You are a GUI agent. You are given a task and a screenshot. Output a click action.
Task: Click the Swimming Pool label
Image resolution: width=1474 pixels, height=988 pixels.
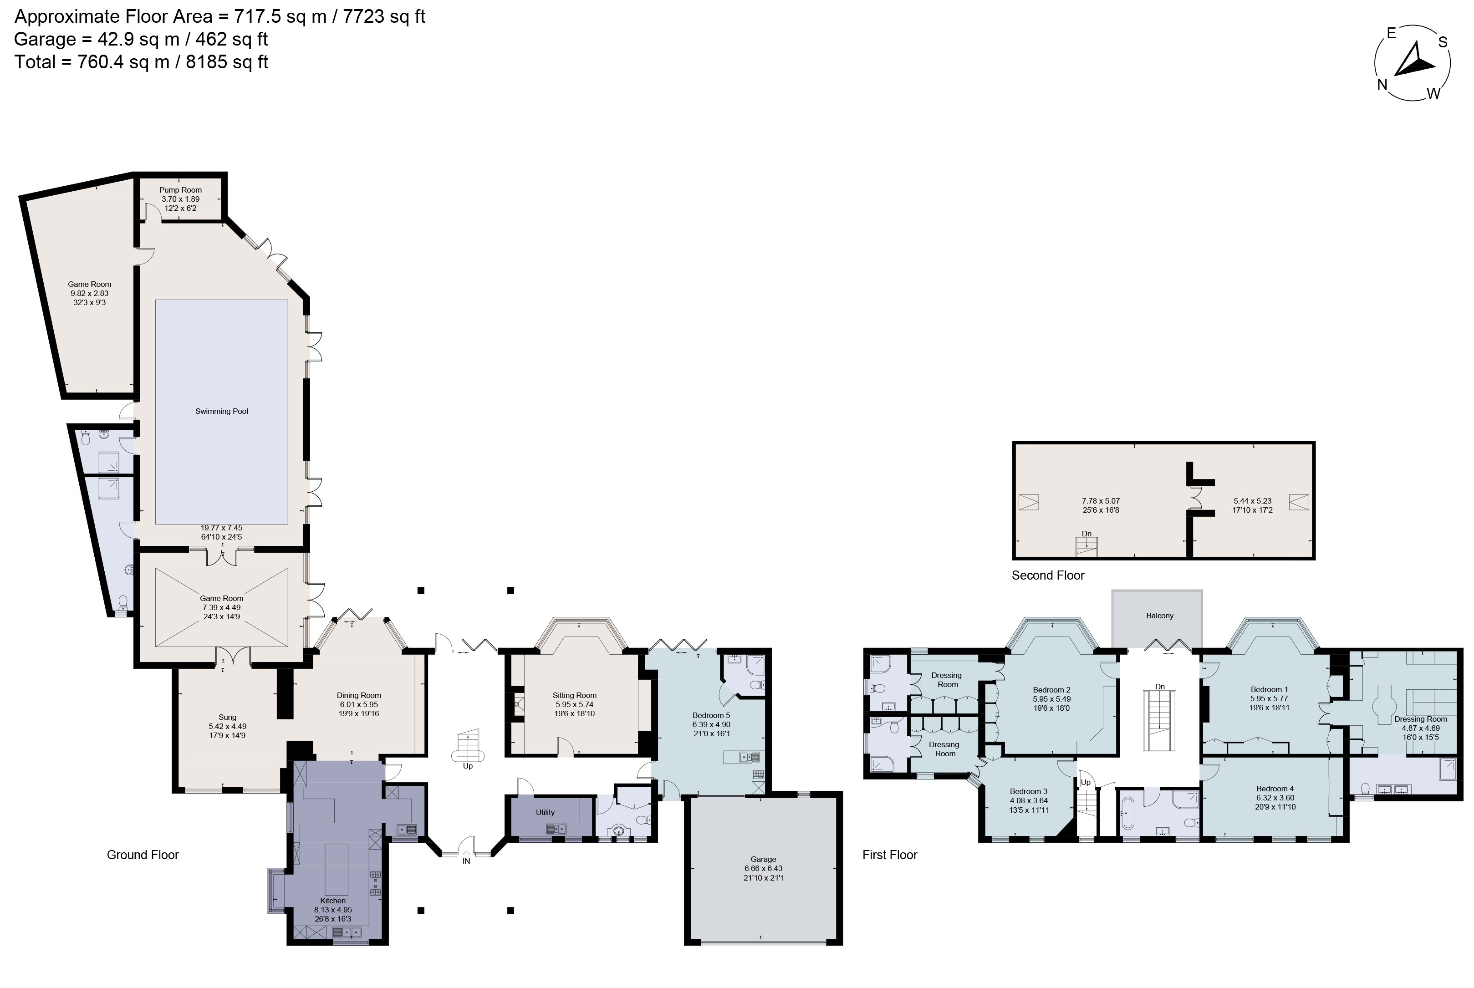(221, 412)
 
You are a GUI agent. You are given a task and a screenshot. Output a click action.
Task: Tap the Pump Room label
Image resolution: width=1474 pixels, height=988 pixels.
(180, 190)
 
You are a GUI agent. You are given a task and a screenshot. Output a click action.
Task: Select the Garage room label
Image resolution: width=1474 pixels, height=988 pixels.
(763, 859)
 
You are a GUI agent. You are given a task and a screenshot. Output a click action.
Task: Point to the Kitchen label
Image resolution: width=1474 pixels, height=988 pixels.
(333, 901)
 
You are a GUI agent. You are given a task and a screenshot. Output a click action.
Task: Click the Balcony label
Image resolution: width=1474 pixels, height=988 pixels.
(1159, 616)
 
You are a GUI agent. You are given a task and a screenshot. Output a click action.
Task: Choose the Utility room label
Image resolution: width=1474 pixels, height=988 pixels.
(545, 812)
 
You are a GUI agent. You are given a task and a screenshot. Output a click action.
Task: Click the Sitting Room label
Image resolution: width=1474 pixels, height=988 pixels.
(574, 695)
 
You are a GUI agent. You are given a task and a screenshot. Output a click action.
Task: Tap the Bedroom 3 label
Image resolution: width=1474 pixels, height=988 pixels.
(1029, 791)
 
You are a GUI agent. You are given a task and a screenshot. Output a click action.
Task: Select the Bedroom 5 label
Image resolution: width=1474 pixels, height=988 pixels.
(711, 715)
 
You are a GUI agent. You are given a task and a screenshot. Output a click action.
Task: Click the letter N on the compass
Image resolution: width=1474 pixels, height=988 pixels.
(1382, 84)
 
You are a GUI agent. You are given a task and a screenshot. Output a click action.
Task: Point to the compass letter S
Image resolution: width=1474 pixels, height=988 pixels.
(1443, 42)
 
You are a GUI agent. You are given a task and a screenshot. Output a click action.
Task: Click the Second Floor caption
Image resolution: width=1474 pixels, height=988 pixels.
(1048, 575)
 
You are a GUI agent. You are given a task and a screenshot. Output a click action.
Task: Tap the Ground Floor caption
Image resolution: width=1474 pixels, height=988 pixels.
(143, 855)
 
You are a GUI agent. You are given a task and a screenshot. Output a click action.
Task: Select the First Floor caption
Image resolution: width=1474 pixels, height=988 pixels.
(890, 855)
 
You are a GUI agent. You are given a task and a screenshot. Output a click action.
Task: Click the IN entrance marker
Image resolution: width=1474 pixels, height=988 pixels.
(466, 861)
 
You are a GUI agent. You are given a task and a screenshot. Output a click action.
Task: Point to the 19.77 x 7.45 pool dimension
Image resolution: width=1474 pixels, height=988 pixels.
(221, 528)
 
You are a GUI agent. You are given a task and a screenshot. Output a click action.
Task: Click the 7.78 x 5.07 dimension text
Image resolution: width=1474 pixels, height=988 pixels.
(1101, 501)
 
